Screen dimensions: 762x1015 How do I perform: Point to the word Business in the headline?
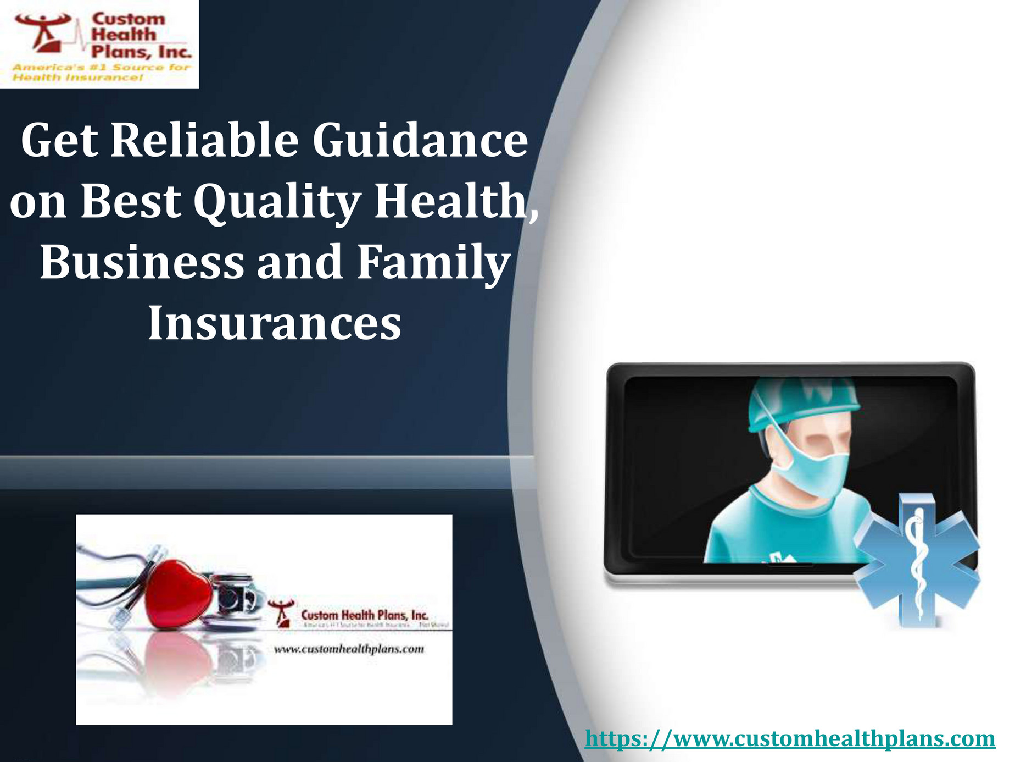pyautogui.click(x=142, y=263)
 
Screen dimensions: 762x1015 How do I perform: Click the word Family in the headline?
pyautogui.click(x=434, y=263)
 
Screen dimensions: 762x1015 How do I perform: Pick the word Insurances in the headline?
pyautogui.click(x=275, y=323)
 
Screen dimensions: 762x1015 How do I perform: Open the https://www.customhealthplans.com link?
pyautogui.click(x=790, y=738)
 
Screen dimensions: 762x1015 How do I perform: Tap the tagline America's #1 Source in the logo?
pyautogui.click(x=102, y=68)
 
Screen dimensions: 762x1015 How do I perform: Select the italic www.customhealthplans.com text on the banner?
pyautogui.click(x=349, y=649)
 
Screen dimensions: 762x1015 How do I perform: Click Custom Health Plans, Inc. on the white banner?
pyautogui.click(x=365, y=615)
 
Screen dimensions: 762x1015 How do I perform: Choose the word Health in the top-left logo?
pyautogui.click(x=124, y=35)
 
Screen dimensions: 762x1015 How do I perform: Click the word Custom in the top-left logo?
pyautogui.click(x=128, y=19)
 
